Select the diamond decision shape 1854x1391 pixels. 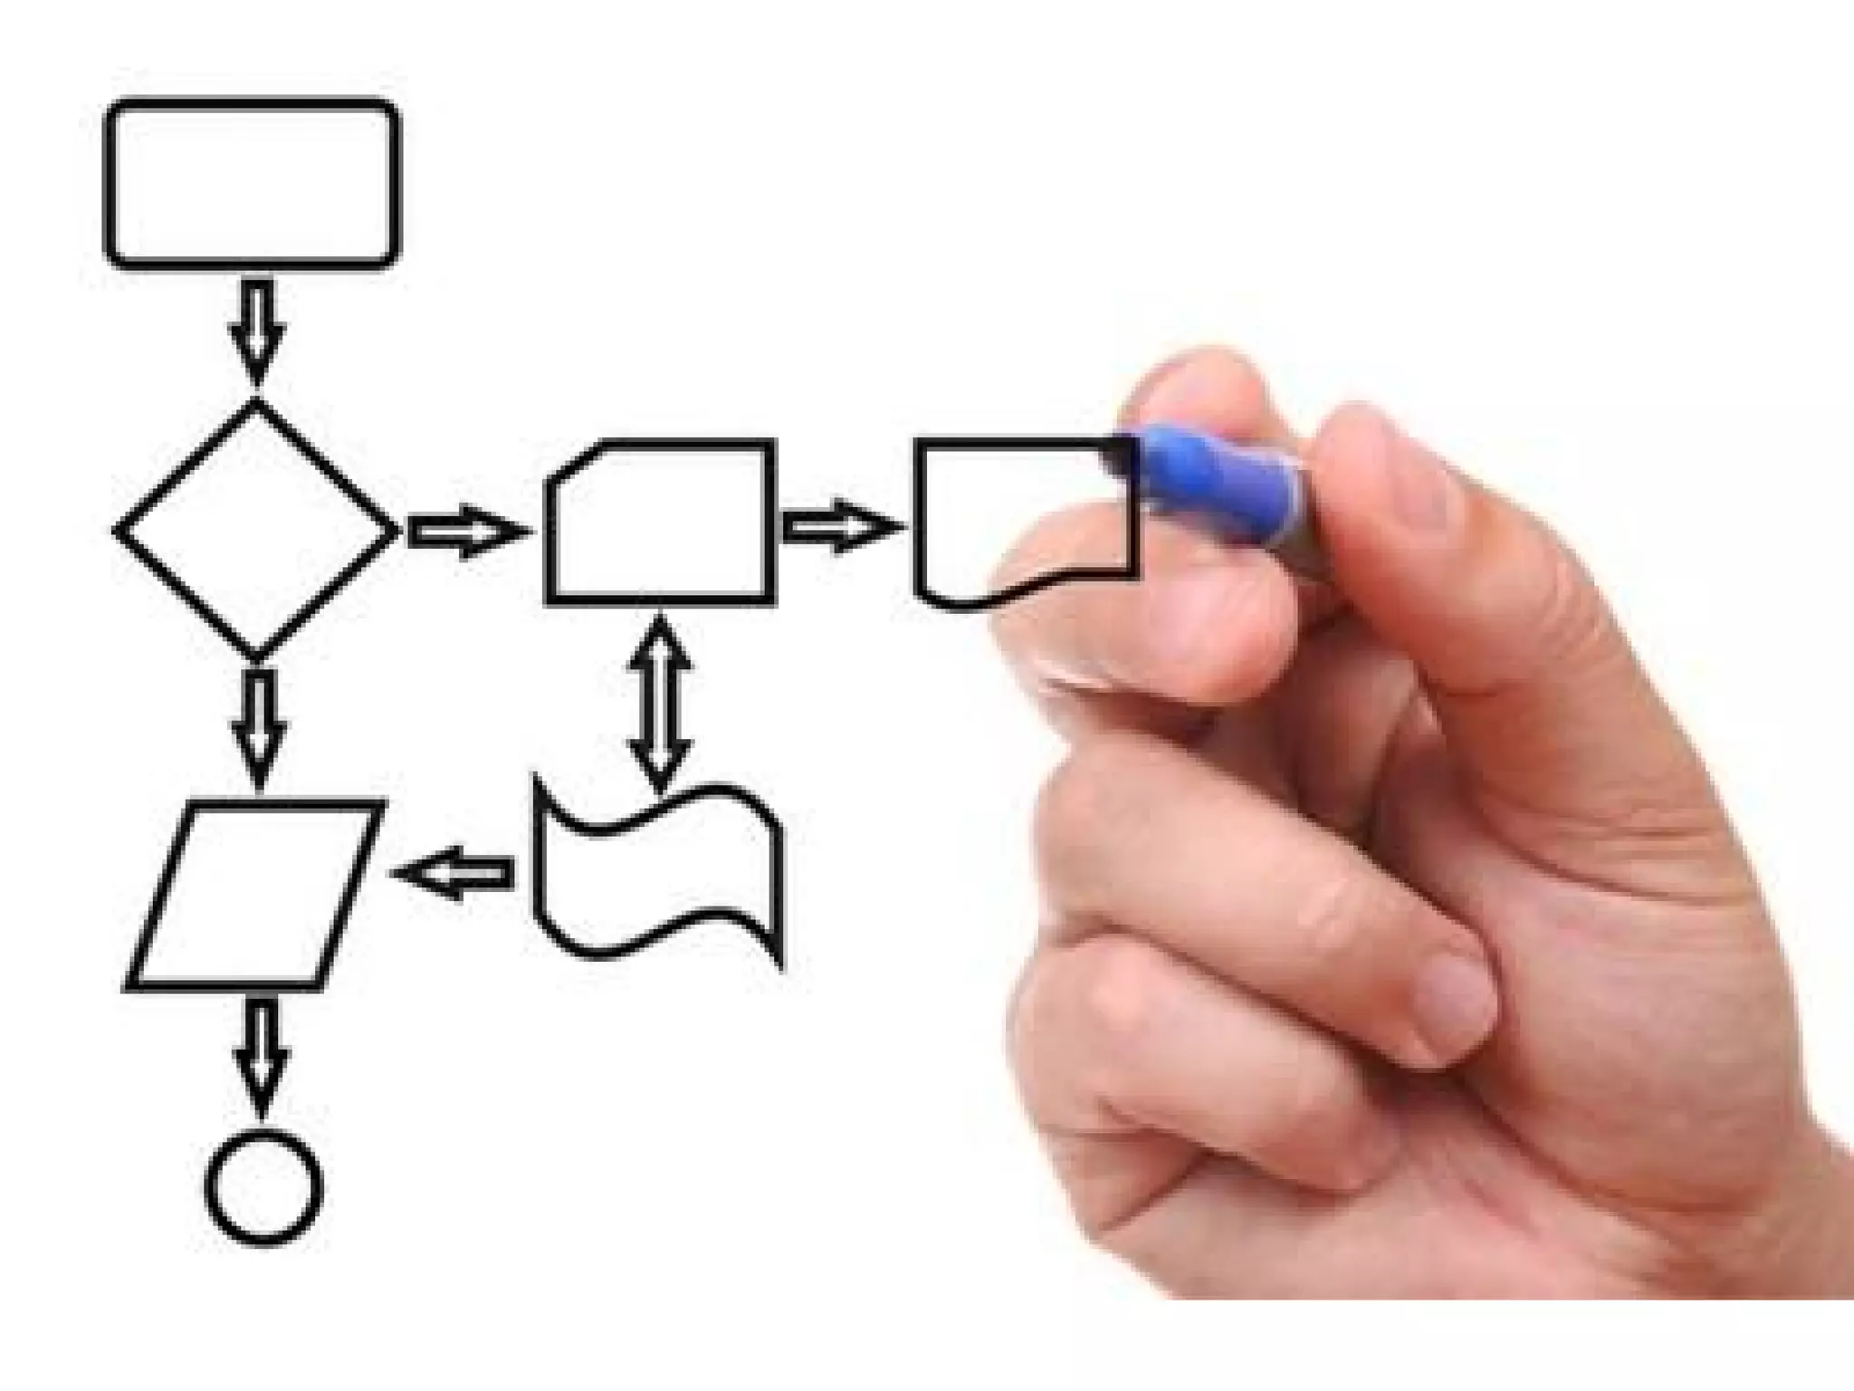point(257,530)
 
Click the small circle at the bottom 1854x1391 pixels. point(263,1186)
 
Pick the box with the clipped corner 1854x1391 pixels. point(661,523)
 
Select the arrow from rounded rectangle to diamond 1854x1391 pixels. point(257,331)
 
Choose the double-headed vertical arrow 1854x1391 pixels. point(660,701)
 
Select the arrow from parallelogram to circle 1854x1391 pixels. point(262,1055)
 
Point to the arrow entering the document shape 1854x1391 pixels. point(837,526)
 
